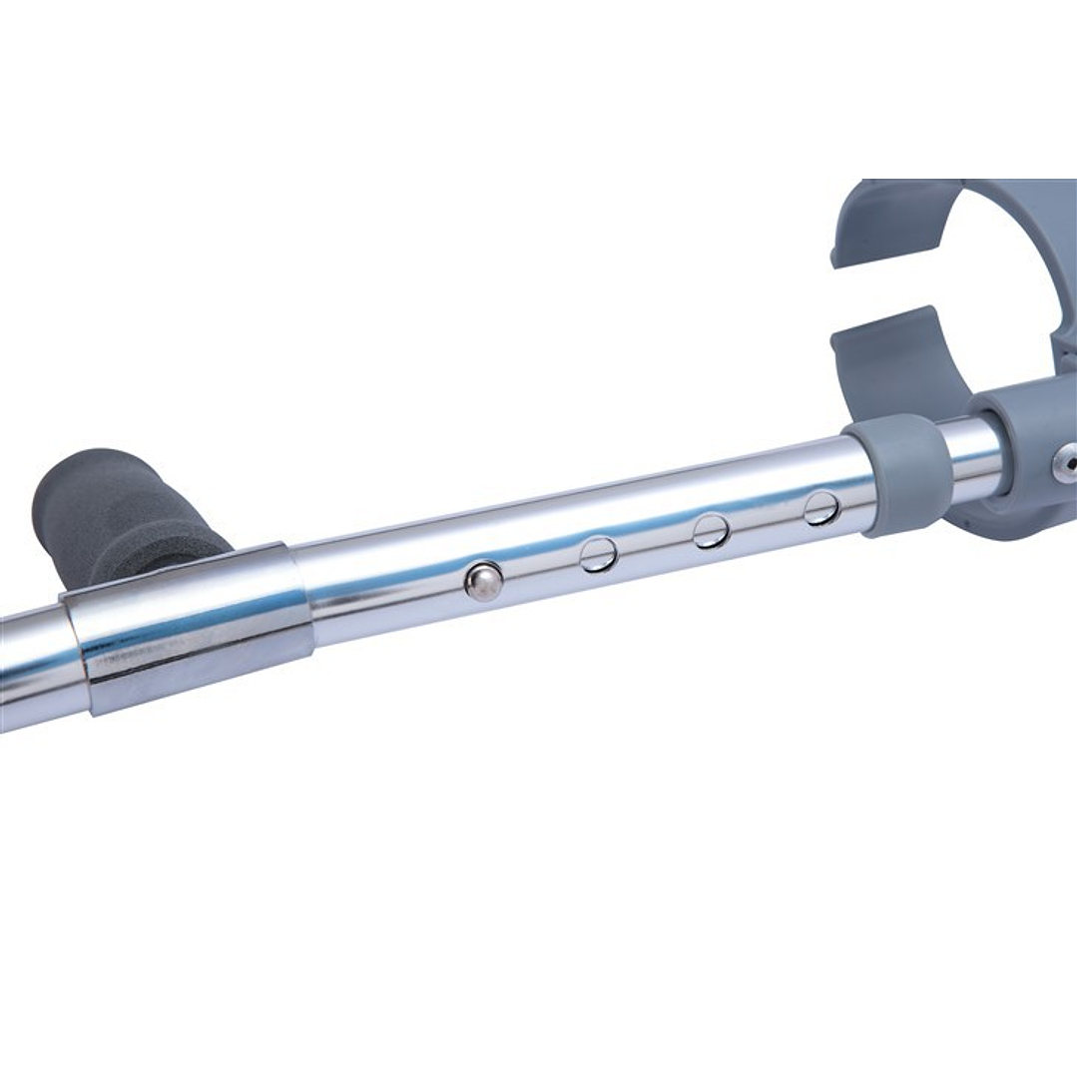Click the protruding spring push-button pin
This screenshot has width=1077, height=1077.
click(484, 581)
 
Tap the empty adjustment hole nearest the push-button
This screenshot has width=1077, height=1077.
click(598, 554)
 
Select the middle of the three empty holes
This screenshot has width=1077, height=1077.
click(711, 530)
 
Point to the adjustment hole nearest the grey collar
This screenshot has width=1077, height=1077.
click(821, 507)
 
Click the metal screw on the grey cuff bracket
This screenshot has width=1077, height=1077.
click(1066, 458)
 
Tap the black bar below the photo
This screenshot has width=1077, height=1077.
click(539, 988)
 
